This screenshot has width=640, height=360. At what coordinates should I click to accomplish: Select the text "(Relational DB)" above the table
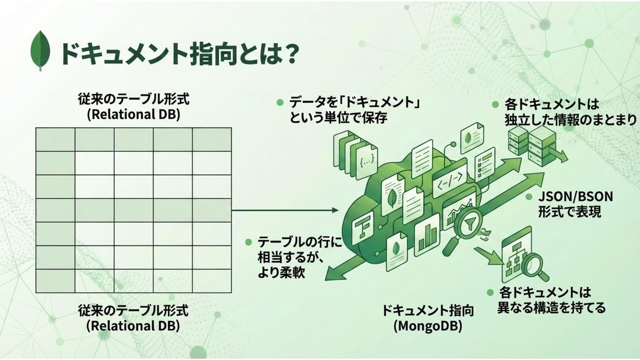[133, 114]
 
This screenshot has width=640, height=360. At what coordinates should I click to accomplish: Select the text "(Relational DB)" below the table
[133, 325]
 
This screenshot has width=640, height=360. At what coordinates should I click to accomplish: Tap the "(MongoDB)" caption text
[428, 326]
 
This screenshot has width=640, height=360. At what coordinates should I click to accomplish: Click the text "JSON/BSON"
[575, 196]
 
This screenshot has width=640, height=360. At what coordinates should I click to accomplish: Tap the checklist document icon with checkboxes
[484, 164]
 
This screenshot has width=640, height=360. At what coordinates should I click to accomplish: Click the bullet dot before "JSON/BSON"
[529, 197]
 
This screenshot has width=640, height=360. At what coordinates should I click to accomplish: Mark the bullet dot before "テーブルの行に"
[249, 242]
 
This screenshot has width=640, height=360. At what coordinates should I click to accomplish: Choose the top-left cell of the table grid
[55, 140]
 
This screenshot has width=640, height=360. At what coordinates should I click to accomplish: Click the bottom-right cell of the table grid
[212, 281]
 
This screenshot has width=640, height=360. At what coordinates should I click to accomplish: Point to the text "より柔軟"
[281, 272]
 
